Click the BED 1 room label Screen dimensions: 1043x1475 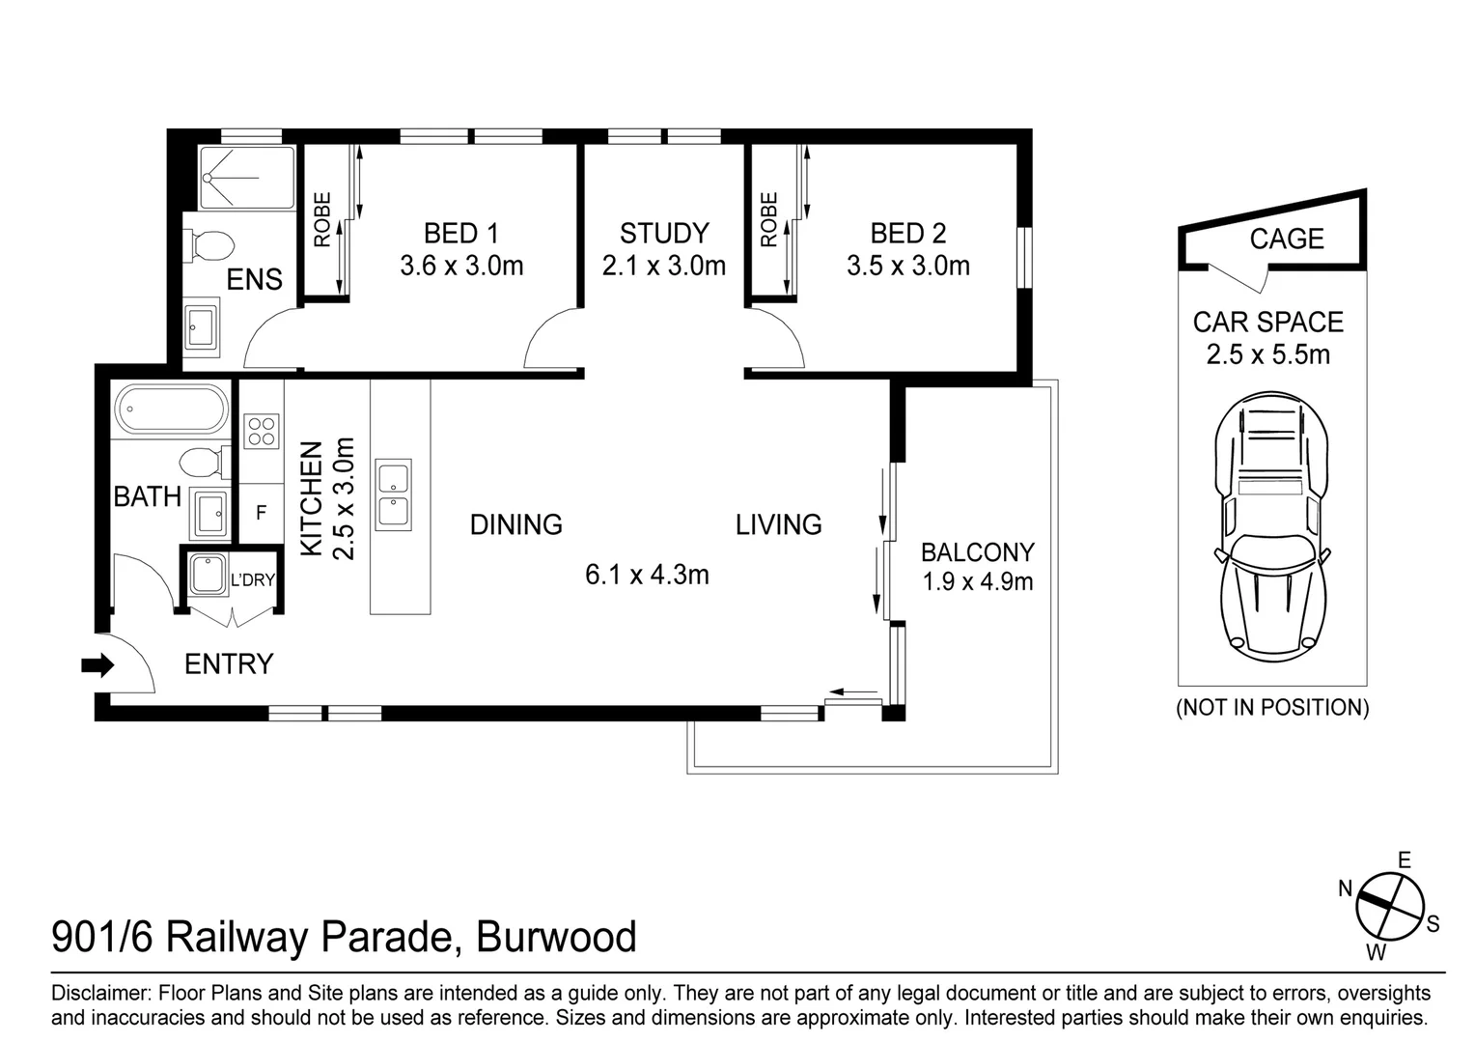461,234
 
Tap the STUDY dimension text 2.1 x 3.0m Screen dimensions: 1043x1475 663,266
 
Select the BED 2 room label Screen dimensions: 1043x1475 907,234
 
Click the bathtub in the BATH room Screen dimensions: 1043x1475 171,409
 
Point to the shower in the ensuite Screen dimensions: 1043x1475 246,178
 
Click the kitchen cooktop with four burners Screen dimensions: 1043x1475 262,430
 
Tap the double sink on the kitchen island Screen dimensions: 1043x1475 394,494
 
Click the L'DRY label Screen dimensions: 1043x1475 253,580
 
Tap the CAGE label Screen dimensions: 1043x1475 1286,239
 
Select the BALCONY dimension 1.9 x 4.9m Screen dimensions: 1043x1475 977,581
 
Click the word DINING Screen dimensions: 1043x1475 515,524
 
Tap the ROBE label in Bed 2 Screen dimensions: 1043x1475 768,219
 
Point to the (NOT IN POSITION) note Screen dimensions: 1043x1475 1271,707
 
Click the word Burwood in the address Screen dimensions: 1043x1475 557,937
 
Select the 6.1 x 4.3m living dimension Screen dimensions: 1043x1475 647,576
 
